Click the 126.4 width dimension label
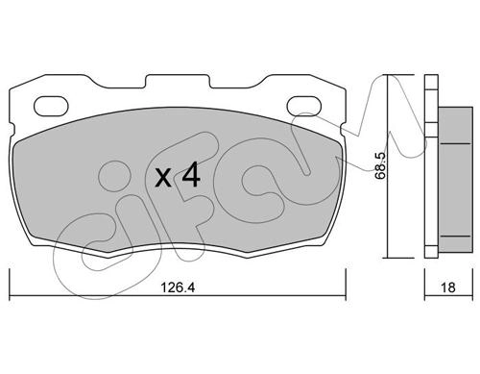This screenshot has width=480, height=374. tap(178, 287)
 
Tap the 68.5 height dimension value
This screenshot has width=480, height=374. tap(380, 165)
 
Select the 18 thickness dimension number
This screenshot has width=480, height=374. tap(448, 287)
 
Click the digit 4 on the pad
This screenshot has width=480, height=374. tap(191, 174)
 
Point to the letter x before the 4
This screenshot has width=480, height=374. tap(163, 178)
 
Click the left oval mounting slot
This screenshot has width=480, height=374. tap(51, 106)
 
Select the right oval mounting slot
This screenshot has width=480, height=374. tap(304, 106)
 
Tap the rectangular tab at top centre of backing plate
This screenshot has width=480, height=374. tap(178, 81)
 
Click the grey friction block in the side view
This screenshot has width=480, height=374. tap(455, 179)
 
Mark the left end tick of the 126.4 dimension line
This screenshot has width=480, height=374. tap(10, 285)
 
